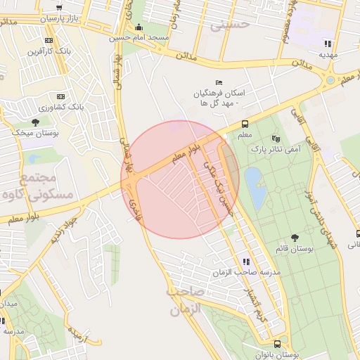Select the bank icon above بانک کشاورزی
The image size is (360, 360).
point(60,96)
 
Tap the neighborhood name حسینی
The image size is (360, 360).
point(234,24)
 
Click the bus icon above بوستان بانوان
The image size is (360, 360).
point(277,345)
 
